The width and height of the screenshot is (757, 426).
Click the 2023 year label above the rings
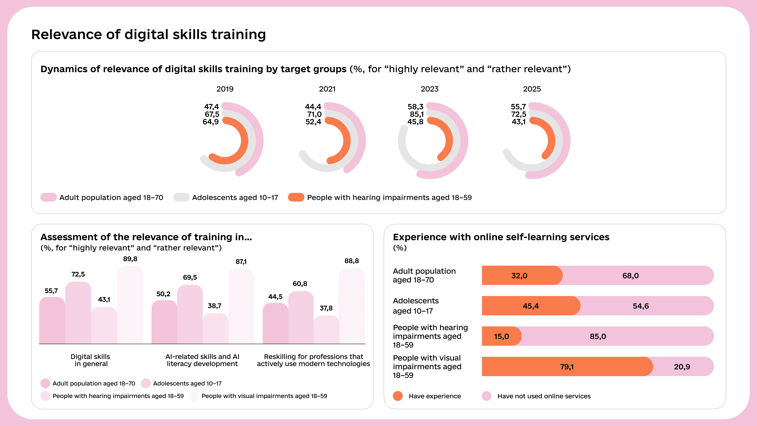coord(429,89)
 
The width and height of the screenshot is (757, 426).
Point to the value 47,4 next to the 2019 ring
coord(211,106)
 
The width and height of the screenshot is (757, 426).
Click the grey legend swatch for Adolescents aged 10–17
coord(181,197)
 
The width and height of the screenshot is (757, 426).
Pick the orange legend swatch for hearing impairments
coord(296,197)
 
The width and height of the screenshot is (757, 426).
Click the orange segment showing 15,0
coord(501,336)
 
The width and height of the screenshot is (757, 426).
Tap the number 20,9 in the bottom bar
coord(682,367)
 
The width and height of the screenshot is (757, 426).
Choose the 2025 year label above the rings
coord(532,89)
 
